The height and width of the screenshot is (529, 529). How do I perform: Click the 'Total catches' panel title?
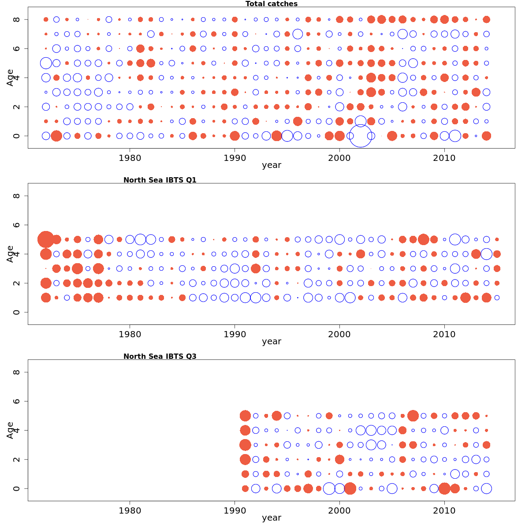pos(271,4)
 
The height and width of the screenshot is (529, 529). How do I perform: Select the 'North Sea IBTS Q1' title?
pos(160,180)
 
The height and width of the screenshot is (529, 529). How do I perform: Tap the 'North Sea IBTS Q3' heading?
pos(160,356)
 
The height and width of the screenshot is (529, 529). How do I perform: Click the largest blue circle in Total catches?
pos(361,136)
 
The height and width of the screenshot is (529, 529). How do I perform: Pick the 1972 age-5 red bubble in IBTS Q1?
pos(46,239)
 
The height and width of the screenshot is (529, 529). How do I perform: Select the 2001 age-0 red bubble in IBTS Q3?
pos(350,488)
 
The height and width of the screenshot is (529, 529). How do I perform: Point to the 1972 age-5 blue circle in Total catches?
pos(46,63)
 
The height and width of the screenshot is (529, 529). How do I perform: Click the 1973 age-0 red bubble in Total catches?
pos(56,136)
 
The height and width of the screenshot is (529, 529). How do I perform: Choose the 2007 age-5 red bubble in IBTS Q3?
pos(413,416)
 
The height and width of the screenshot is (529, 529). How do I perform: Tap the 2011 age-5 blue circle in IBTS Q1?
pos(455,239)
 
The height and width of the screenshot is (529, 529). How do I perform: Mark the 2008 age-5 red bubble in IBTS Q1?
pos(424,239)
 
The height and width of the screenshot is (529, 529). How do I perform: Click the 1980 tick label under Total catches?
pos(130,158)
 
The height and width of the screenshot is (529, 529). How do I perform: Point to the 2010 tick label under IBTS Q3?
pos(444,510)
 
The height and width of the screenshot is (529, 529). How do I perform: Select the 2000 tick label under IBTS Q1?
pos(339,334)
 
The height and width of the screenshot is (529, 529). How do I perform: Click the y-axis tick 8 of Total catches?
pos(17,19)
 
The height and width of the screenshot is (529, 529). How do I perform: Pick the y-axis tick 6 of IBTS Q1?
pos(17,225)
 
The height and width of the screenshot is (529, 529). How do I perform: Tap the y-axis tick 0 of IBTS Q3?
pos(17,488)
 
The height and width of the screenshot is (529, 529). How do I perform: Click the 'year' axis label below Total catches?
pos(271,165)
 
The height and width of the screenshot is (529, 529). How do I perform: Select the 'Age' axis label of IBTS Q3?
pos(10,430)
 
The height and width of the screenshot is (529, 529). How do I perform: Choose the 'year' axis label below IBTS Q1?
pos(271,342)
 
